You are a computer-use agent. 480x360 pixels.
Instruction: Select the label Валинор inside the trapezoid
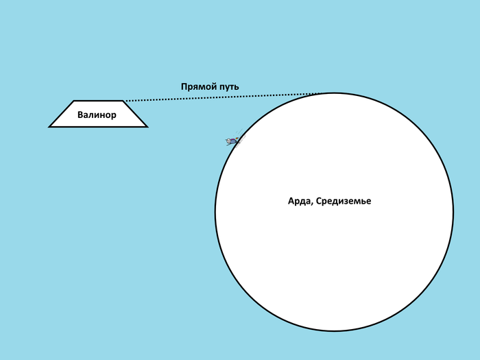97,115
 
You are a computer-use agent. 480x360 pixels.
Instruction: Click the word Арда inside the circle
299,202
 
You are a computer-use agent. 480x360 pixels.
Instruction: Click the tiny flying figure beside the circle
232,141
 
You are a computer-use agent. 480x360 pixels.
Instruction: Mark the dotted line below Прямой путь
219,97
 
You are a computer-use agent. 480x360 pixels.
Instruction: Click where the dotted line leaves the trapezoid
125,101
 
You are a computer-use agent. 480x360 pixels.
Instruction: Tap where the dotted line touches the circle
322,93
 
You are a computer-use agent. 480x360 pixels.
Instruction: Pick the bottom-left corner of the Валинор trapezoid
50,127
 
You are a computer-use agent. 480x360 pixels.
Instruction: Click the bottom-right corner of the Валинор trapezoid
147,127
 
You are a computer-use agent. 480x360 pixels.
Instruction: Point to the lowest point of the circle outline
335,331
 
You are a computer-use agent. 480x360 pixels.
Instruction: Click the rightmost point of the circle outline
453,212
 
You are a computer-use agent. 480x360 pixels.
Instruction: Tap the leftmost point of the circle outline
215,212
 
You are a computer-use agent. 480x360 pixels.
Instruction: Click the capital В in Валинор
80,115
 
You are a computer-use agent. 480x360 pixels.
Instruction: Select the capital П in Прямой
184,87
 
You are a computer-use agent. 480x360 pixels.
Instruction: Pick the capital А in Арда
291,202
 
